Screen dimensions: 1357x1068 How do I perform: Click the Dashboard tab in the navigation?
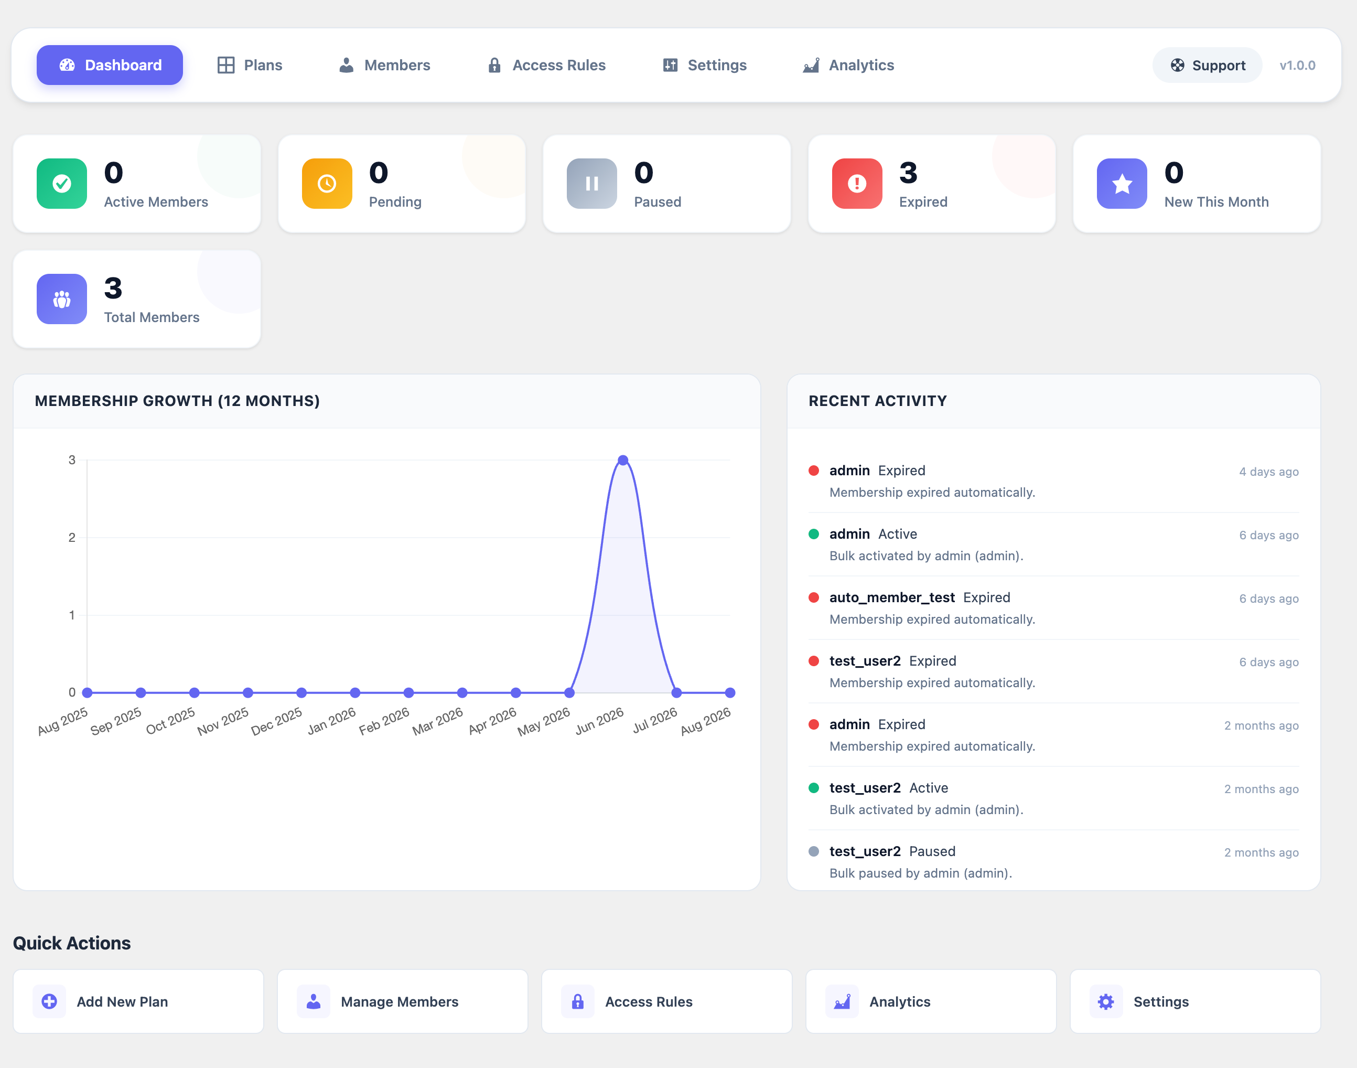[110, 65]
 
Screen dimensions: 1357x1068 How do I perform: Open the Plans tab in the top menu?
[250, 65]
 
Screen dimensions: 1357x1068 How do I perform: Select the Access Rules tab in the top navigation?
[546, 65]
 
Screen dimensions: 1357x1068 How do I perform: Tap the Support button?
[1207, 65]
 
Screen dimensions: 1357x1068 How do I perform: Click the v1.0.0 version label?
[1297, 66]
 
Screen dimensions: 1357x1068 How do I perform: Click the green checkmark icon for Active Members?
[62, 183]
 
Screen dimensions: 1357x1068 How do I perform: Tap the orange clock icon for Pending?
[327, 183]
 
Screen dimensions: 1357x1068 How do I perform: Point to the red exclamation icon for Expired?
[857, 183]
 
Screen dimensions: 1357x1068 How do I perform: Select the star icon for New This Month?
[1122, 183]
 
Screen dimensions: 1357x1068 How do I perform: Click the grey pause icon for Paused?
[592, 183]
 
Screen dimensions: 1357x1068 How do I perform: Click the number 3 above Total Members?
[113, 289]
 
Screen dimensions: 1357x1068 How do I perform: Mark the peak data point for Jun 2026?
[622, 460]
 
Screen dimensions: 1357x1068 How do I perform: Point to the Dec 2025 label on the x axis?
[277, 721]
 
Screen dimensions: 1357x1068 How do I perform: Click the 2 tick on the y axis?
[72, 538]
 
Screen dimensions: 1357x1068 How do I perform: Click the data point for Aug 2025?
[88, 692]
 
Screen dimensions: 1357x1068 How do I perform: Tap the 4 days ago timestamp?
[1269, 472]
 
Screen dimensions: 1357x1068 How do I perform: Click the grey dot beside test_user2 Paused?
[814, 851]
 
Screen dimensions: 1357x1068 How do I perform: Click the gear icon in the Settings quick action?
[1106, 1002]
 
